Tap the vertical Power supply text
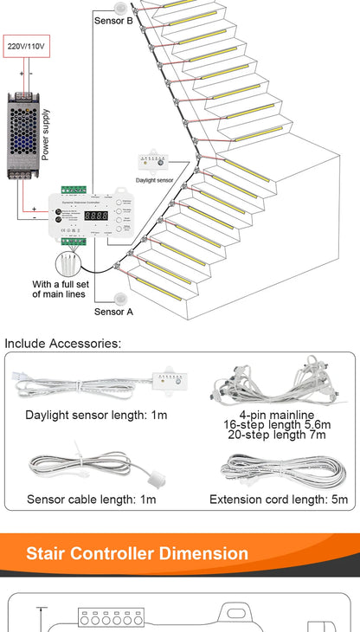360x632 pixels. coord(46,135)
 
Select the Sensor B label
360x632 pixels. coord(113,21)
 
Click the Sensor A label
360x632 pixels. coord(113,312)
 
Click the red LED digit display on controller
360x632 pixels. coord(96,216)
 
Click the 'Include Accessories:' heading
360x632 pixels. coord(62,344)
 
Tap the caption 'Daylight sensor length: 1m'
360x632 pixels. coord(96,416)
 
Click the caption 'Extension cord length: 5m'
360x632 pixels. coord(278,499)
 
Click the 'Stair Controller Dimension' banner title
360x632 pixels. coord(137,553)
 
